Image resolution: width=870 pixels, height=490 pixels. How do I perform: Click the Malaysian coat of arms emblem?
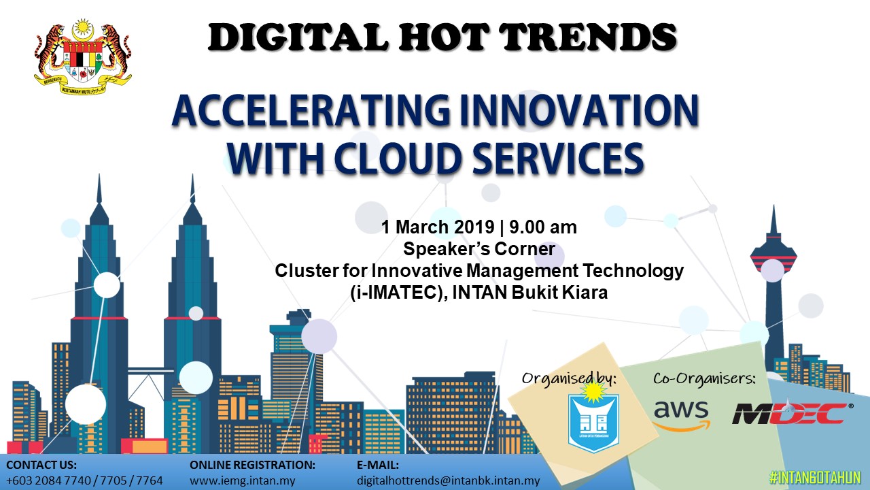(x=83, y=56)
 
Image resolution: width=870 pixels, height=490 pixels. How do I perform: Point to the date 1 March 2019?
(x=437, y=227)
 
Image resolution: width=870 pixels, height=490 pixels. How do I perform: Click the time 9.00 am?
(x=543, y=227)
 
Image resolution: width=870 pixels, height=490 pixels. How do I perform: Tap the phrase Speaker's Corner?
(x=479, y=249)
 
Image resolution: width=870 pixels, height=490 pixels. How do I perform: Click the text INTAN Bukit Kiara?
(x=529, y=293)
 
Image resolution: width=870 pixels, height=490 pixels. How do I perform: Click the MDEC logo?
(x=793, y=413)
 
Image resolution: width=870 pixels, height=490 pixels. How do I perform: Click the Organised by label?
(x=569, y=378)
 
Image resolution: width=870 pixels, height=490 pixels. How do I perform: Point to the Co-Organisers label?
(x=704, y=378)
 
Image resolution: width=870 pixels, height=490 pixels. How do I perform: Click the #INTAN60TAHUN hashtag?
(x=815, y=478)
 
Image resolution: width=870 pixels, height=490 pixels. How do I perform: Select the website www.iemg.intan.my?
(x=243, y=480)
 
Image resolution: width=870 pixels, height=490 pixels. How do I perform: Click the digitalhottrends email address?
(x=448, y=480)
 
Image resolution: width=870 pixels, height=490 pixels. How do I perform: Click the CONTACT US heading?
(x=41, y=465)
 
